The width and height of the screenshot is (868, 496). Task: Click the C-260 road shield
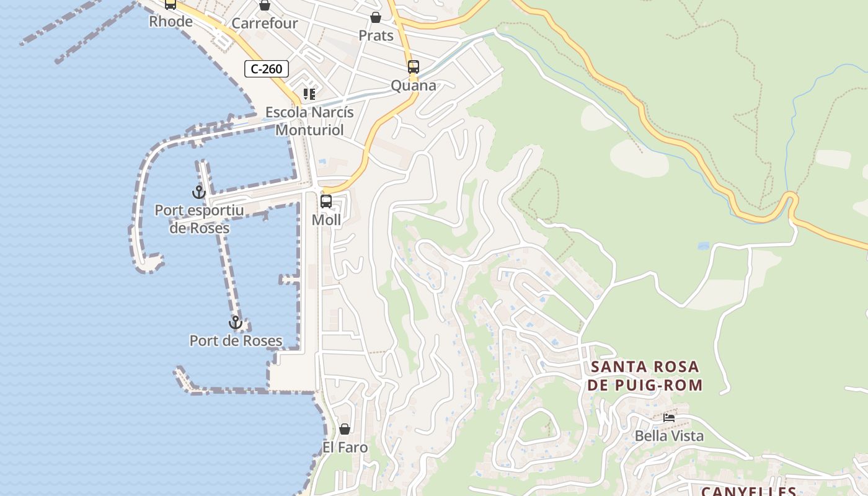(x=267, y=69)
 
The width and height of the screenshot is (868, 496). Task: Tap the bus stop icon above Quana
(x=414, y=67)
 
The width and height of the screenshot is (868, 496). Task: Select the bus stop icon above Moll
(x=326, y=201)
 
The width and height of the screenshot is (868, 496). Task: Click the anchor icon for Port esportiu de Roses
(x=198, y=192)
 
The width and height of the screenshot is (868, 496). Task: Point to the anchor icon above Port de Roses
(x=235, y=322)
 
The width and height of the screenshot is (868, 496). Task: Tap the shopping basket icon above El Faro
(x=345, y=429)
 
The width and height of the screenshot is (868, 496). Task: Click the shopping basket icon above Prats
(x=376, y=17)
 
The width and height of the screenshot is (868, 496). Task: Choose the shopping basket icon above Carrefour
(x=265, y=6)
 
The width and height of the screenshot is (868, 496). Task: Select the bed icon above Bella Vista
(x=669, y=418)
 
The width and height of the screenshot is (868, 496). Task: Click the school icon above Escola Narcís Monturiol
(x=309, y=94)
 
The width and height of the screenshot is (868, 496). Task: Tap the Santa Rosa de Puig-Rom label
(x=646, y=376)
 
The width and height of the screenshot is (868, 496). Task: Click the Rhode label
(x=170, y=22)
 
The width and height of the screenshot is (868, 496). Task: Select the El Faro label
(x=345, y=447)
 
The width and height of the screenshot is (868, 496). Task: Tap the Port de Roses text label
(x=236, y=340)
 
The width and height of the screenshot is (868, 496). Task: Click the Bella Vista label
(x=669, y=436)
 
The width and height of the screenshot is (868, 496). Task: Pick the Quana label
(x=414, y=86)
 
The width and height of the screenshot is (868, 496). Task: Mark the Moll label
(x=326, y=219)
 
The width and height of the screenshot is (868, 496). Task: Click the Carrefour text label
(x=265, y=24)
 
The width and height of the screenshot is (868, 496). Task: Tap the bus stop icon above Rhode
(x=170, y=4)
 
